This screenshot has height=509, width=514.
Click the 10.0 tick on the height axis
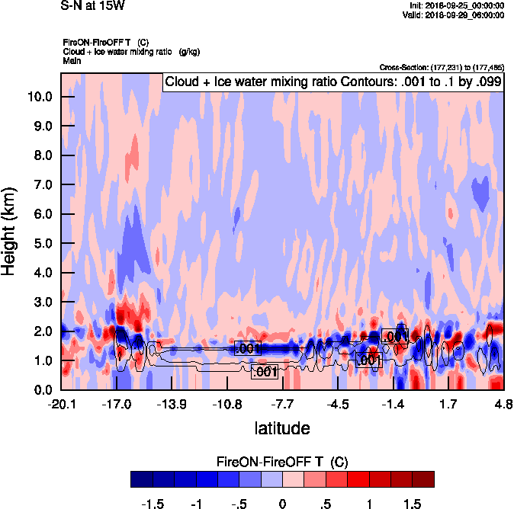[40, 97]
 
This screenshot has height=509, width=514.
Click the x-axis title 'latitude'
[282, 427]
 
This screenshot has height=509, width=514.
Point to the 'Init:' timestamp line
[456, 5]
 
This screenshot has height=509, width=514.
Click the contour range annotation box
[332, 82]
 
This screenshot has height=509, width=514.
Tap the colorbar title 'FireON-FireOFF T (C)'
[282, 463]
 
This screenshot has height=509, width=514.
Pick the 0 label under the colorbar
[282, 504]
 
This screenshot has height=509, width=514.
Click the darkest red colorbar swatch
[423, 479]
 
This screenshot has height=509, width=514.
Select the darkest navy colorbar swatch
[141, 479]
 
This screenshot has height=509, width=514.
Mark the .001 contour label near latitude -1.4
[395, 336]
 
